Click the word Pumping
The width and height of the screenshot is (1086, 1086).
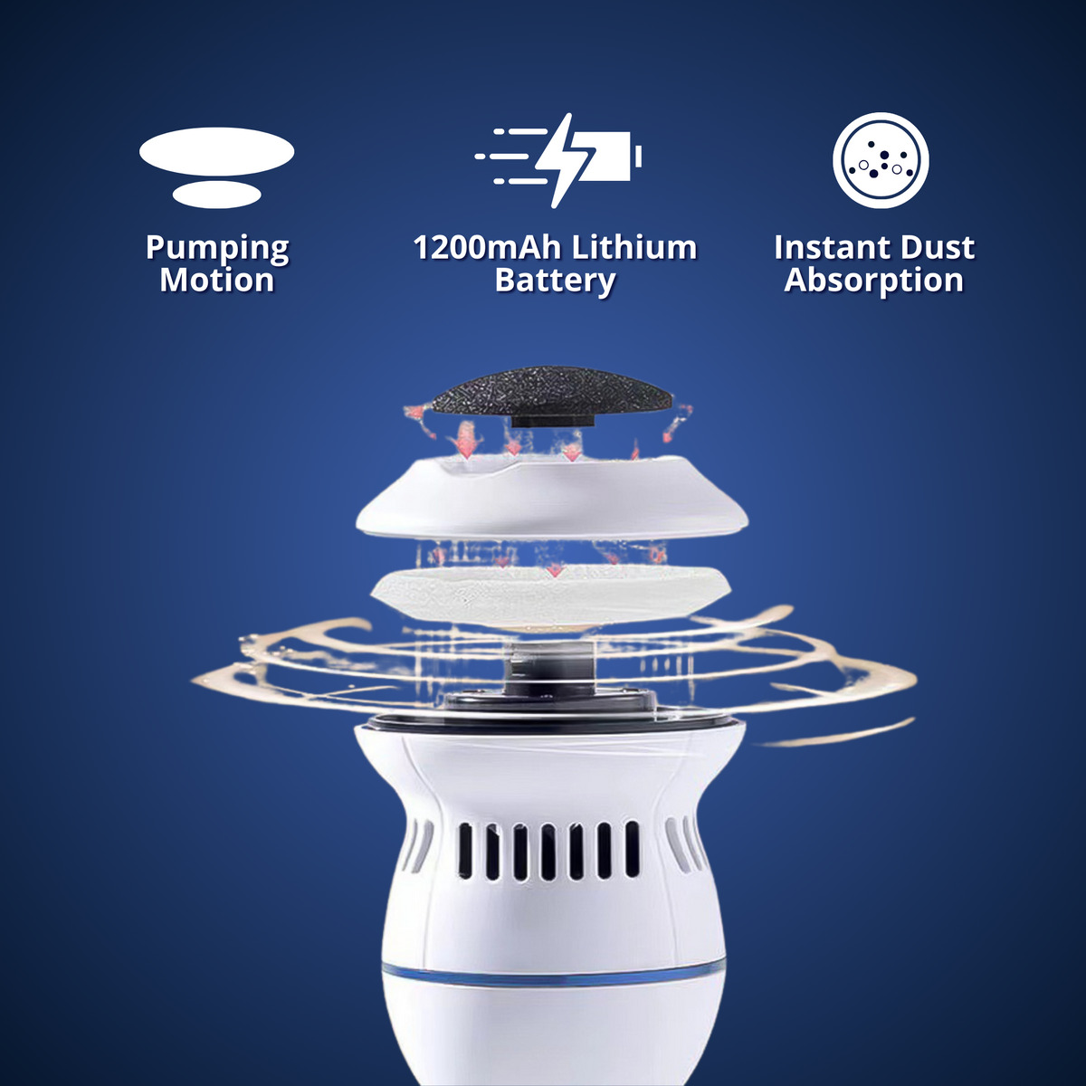tap(217, 249)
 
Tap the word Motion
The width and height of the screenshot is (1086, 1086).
tap(217, 281)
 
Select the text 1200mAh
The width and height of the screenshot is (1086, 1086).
tap(485, 248)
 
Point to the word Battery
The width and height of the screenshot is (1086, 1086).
tap(555, 281)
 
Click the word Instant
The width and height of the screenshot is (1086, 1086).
tap(831, 248)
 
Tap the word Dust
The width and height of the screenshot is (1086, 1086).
tap(938, 248)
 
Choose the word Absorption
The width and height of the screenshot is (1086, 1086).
tap(874, 281)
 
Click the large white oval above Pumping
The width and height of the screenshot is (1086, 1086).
tap(217, 151)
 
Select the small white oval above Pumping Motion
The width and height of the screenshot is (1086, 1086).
tap(217, 194)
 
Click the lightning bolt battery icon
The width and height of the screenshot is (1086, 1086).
tap(561, 159)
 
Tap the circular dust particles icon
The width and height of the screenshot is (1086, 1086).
tap(881, 160)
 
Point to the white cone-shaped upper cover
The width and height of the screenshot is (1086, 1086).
tap(552, 502)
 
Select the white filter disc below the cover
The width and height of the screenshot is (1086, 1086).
tap(552, 593)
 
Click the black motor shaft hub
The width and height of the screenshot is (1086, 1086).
tap(552, 670)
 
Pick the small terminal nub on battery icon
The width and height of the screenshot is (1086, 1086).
tap(638, 157)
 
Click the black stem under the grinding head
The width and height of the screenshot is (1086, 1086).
tap(551, 421)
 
